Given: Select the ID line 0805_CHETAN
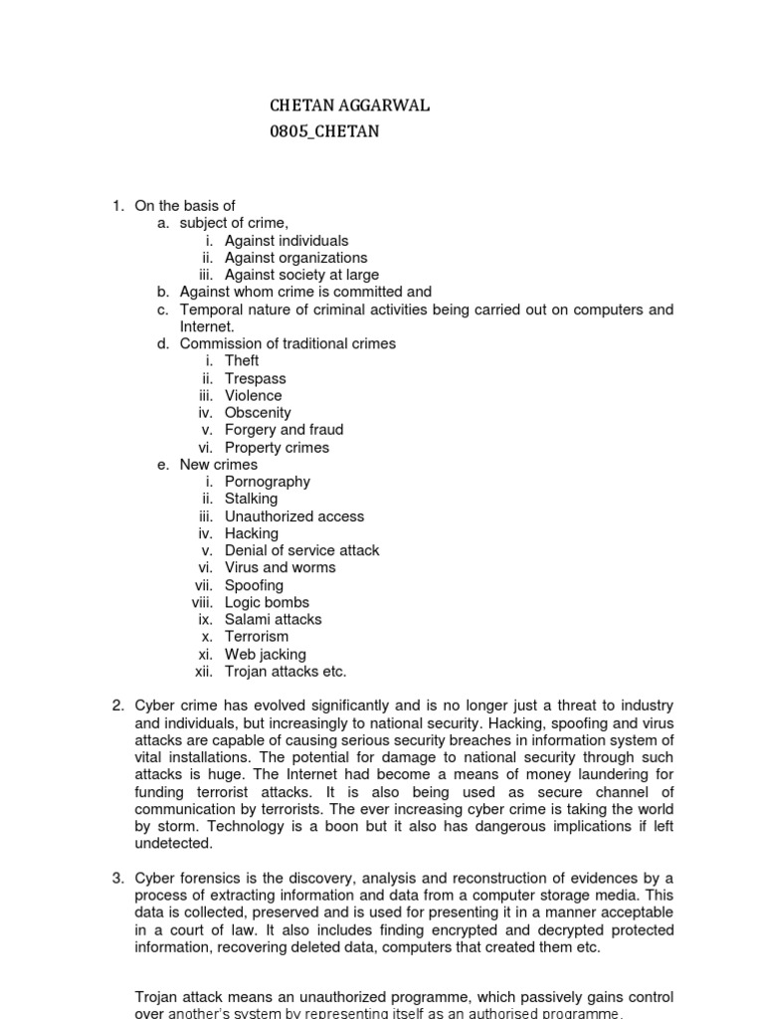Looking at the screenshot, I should (x=324, y=131).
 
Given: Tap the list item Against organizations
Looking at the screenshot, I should (x=295, y=258).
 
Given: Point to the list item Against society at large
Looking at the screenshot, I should (x=301, y=275).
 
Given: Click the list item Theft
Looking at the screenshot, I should (x=242, y=361).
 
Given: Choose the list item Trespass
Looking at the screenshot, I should (x=255, y=378).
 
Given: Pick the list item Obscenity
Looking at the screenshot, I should (x=258, y=412).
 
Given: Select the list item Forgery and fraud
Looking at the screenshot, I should (x=284, y=430).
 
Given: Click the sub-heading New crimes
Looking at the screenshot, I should (x=218, y=465).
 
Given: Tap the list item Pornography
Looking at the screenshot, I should (x=268, y=482).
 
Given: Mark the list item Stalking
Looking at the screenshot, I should (x=251, y=499).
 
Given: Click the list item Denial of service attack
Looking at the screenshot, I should (x=301, y=550).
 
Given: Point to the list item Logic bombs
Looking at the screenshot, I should (x=267, y=602).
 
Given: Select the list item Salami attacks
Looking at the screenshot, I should (x=273, y=619).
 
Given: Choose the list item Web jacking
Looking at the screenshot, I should (x=265, y=654).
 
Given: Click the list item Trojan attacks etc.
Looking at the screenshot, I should (x=286, y=671).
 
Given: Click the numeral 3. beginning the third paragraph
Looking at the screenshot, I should (x=117, y=878).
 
